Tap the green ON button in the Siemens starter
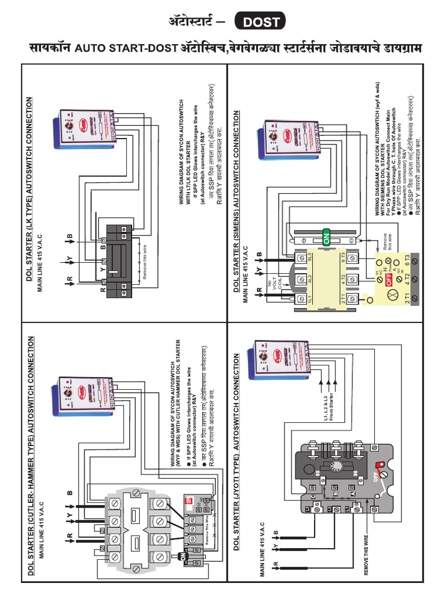point(325,237)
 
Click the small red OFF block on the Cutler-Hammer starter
point(188,499)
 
